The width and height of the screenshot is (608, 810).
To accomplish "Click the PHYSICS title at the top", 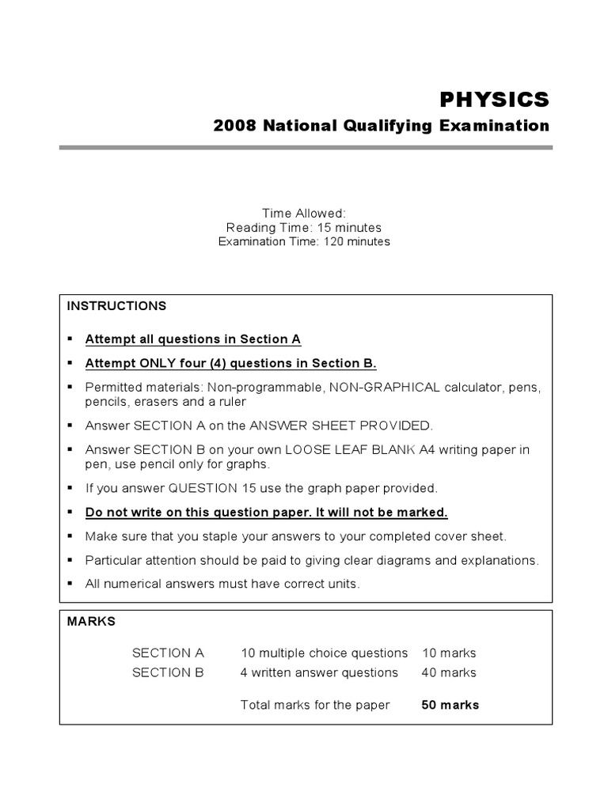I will click(x=494, y=100).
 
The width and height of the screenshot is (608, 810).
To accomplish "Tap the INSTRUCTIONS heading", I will click(x=116, y=305).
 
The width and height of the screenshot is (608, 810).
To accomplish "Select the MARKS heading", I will click(x=91, y=621).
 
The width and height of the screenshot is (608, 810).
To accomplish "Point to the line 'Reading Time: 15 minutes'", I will click(x=304, y=228).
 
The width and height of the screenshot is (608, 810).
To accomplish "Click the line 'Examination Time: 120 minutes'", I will click(x=304, y=242).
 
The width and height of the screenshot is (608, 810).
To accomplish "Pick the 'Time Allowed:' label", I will click(x=304, y=214).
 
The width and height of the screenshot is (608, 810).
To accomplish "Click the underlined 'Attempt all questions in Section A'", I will click(x=193, y=339).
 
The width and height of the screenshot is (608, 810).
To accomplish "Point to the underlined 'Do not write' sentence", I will click(x=267, y=512).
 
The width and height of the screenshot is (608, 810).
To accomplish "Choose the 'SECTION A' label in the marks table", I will click(x=168, y=653).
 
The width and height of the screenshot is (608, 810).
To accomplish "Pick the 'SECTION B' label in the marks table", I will click(x=168, y=672).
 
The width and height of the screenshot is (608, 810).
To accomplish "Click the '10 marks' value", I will click(x=449, y=653).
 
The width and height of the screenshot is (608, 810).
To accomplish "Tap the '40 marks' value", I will click(x=449, y=672).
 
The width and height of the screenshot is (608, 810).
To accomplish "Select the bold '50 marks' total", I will click(x=450, y=705).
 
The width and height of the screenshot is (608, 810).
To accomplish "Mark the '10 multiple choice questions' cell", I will click(x=324, y=653).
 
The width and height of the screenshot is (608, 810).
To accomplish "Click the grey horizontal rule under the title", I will click(x=306, y=147).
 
